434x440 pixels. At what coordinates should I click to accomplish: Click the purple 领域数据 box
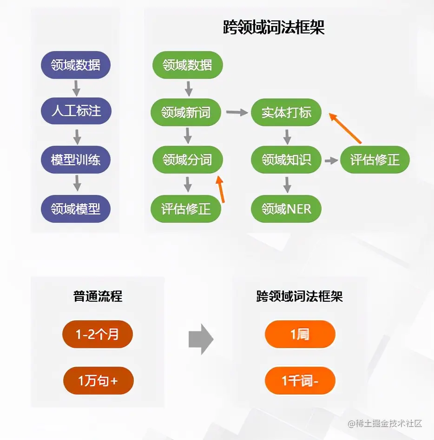click(x=76, y=65)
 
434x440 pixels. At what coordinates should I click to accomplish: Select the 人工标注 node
click(x=76, y=111)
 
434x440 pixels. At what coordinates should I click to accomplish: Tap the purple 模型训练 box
click(x=76, y=160)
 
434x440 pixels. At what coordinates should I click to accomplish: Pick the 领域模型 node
click(x=76, y=209)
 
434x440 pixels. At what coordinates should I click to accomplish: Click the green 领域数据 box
click(x=187, y=65)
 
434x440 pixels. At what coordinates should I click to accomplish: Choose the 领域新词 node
click(x=186, y=112)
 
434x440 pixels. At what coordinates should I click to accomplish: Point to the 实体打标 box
click(x=286, y=112)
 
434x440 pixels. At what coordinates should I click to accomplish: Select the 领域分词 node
click(x=187, y=160)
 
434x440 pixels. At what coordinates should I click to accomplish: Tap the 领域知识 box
click(x=286, y=160)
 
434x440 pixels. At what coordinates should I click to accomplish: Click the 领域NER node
click(x=286, y=209)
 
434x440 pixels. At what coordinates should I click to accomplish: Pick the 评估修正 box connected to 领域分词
click(x=186, y=209)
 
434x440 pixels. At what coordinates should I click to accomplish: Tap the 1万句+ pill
click(x=98, y=381)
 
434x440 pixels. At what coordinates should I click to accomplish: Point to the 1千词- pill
click(x=300, y=381)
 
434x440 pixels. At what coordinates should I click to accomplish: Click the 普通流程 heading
click(x=98, y=296)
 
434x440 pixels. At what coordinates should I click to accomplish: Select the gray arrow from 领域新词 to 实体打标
click(x=237, y=112)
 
